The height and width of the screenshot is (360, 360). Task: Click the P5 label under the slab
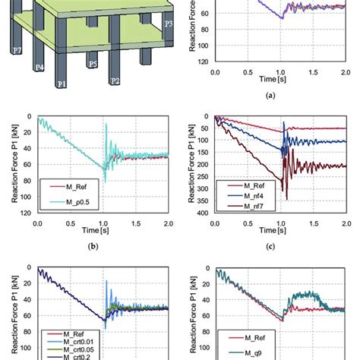(92, 65)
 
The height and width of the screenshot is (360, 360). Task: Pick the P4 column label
(38, 68)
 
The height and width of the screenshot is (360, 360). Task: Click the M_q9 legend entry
(251, 351)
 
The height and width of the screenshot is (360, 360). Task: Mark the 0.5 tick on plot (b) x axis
(70, 224)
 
